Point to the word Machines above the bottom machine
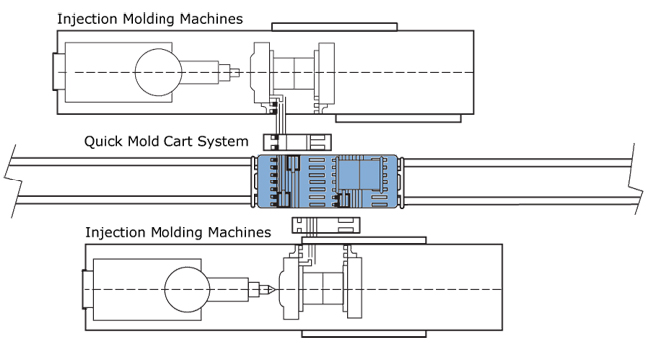click(x=239, y=232)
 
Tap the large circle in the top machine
click(x=159, y=72)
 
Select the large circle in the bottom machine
click(x=187, y=289)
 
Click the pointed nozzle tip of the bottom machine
click(x=273, y=290)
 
